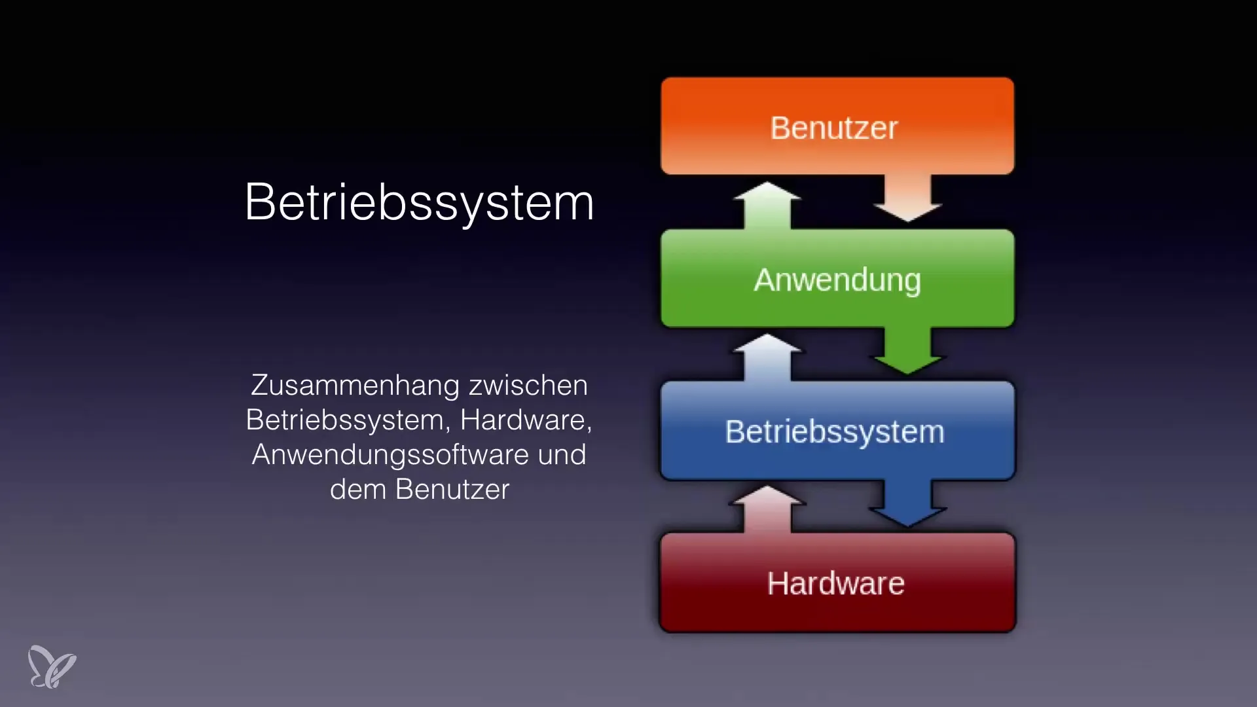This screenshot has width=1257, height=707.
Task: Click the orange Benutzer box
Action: pyautogui.click(x=837, y=126)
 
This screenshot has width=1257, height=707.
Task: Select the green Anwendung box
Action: pyautogui.click(x=837, y=278)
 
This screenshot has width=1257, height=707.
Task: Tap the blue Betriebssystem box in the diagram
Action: pyautogui.click(x=837, y=431)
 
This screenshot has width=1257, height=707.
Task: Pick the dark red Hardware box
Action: pyautogui.click(x=837, y=583)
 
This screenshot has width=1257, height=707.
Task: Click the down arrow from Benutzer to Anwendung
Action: pyautogui.click(x=907, y=198)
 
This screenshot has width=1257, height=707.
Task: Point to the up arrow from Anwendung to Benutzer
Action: pyautogui.click(x=767, y=206)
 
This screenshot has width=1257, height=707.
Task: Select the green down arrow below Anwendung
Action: pyautogui.click(x=907, y=350)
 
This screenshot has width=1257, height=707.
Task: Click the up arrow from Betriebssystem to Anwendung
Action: pyautogui.click(x=767, y=357)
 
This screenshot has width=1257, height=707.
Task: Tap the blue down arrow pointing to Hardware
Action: pyautogui.click(x=907, y=503)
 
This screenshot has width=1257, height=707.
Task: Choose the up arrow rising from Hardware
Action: pyautogui.click(x=767, y=509)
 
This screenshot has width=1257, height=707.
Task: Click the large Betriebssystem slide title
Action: pyautogui.click(x=419, y=202)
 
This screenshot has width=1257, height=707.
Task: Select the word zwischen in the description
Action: pyautogui.click(x=528, y=385)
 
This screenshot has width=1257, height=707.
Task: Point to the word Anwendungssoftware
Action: pyautogui.click(x=390, y=455)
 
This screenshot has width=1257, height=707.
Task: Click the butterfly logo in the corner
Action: pyautogui.click(x=52, y=666)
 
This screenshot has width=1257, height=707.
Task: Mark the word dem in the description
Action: pyautogui.click(x=358, y=490)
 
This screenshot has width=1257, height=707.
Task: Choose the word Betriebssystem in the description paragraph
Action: pyautogui.click(x=348, y=420)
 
